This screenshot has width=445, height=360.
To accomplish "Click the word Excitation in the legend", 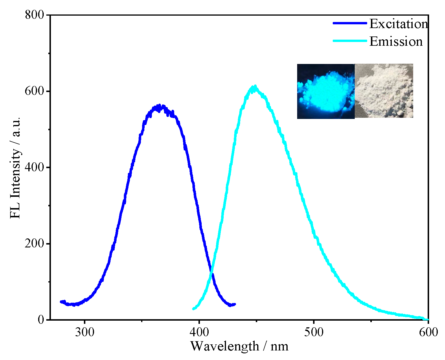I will pos(398,24).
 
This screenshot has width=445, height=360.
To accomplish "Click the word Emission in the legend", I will pos(396,41).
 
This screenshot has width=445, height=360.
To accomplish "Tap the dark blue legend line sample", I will pos(350,23).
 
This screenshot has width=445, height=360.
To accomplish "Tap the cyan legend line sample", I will pos(350,41).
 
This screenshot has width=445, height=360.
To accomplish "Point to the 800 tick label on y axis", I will pos(34,15).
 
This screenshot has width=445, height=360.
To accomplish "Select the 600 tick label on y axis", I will pos(34,91).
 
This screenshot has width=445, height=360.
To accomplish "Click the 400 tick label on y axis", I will pos(34,168).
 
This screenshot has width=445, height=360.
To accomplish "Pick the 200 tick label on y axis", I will pos(34,244).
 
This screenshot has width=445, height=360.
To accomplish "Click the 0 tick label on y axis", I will pos(41,320).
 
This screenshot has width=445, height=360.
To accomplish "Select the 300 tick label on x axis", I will pos(84,332).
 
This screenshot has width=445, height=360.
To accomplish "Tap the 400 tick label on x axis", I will pos(199,332).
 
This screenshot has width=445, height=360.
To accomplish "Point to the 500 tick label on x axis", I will pos(314,332).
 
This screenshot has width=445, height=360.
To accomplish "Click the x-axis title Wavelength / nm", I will pos(239,346).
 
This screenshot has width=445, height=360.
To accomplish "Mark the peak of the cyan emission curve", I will pos(255,87).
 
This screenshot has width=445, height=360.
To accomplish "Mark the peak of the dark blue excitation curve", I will pos(159,106).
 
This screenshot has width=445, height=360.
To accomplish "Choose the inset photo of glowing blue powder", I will pos(326,91).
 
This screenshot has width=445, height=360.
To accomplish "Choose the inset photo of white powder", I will pos(384,91).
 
